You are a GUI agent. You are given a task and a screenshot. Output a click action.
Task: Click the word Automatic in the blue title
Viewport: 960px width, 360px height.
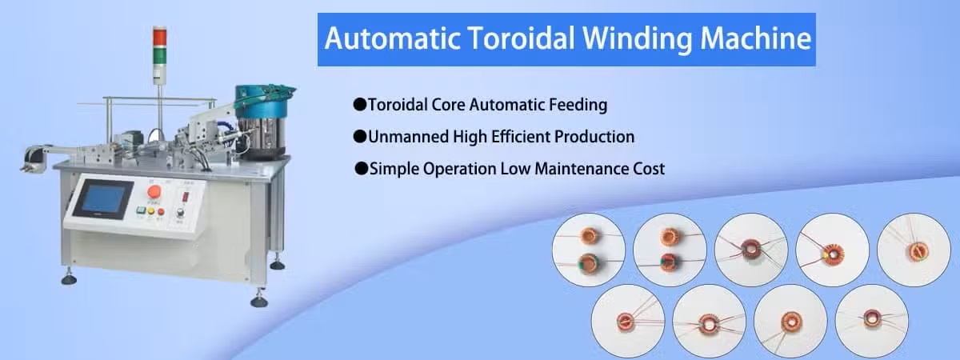tap(393, 38)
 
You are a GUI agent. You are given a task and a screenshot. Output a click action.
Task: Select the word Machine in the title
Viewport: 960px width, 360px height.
tap(755, 38)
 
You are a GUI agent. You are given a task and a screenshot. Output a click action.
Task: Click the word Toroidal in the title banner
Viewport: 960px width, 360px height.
tap(521, 38)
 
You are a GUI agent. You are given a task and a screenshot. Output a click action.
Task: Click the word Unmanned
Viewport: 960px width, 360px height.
tap(408, 137)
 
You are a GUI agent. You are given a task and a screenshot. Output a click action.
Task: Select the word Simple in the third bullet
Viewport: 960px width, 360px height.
tap(394, 169)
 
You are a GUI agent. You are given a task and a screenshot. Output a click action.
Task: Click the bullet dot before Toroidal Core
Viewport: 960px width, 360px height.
tap(359, 105)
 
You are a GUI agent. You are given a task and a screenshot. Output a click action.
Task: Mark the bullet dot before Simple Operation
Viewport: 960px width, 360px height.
tap(362, 169)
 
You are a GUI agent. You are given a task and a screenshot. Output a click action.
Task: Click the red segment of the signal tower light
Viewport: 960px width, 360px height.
tap(159, 37)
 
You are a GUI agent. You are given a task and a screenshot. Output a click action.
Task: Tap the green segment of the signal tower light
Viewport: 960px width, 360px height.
tap(159, 55)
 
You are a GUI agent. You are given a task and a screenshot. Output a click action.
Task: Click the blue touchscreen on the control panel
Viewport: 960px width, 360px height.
tap(103, 199)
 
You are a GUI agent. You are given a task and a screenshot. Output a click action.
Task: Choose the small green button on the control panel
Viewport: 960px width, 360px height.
tap(141, 210)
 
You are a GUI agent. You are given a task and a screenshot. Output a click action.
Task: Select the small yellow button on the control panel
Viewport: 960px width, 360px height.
tap(151, 211)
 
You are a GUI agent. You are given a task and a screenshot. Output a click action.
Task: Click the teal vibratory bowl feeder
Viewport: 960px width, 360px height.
tap(262, 103)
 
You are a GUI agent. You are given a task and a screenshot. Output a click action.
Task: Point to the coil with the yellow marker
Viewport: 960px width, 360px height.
tap(833, 254)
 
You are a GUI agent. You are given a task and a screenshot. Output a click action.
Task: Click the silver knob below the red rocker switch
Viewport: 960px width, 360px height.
tap(181, 213)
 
